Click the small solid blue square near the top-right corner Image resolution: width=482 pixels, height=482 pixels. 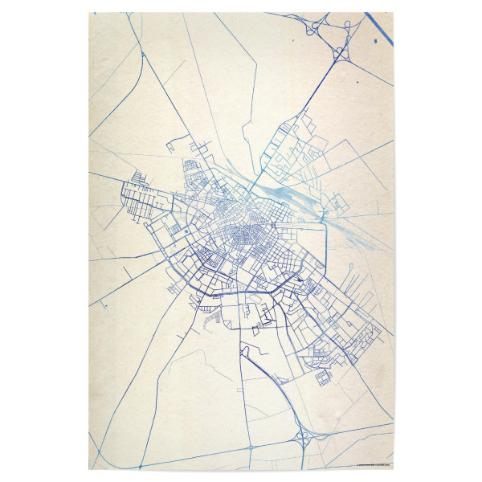(x=376, y=39)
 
